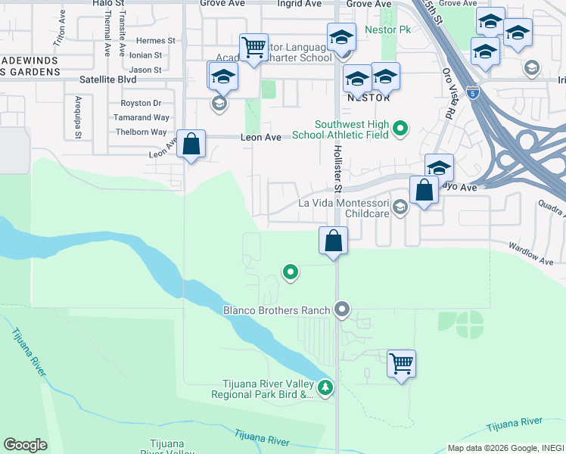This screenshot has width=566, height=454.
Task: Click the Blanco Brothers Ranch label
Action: pyautogui.click(x=276, y=309)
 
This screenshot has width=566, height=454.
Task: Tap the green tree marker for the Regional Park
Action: pyautogui.click(x=326, y=387)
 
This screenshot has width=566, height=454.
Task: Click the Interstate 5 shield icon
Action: pyautogui.click(x=473, y=93)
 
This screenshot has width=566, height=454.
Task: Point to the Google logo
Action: pyautogui.click(x=25, y=445)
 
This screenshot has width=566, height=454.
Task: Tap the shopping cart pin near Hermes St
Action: pyautogui.click(x=253, y=48)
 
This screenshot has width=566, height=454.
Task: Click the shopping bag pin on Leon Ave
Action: pyautogui.click(x=191, y=143)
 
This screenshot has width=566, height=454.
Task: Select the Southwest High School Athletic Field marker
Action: pyautogui.click(x=402, y=129)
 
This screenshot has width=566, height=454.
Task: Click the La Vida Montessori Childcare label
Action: pyautogui.click(x=344, y=208)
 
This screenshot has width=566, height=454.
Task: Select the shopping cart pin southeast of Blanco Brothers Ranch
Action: pyautogui.click(x=401, y=363)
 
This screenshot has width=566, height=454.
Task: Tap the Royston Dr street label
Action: pyautogui.click(x=141, y=103)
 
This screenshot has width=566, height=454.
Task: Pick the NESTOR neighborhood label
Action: pyautogui.click(x=368, y=98)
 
